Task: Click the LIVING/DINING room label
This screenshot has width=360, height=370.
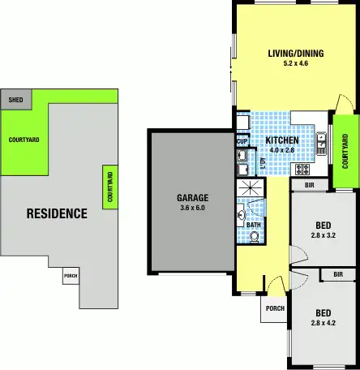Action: click(296, 54)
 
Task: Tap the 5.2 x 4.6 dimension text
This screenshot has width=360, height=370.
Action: click(296, 65)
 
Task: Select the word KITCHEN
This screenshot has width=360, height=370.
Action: click(282, 140)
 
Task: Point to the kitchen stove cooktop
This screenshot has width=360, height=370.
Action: click(302, 170)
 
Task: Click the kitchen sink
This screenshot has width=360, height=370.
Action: click(321, 141)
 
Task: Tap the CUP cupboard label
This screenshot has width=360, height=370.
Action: click(242, 141)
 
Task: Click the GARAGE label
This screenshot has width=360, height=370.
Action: click(193, 197)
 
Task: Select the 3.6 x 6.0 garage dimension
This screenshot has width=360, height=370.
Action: click(193, 208)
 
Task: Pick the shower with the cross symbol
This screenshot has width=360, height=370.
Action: click(250, 188)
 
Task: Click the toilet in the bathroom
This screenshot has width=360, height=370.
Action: click(255, 236)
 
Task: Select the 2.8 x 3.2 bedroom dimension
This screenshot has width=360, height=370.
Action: click(323, 236)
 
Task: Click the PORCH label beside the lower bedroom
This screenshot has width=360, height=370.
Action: click(275, 308)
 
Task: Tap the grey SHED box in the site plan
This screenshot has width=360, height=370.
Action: click(15, 100)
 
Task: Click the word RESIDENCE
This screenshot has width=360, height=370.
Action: click(57, 214)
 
